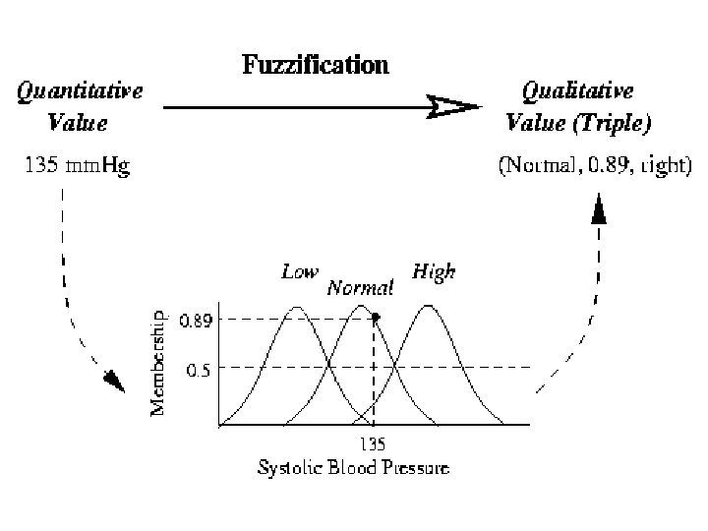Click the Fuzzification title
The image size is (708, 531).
[x=315, y=66]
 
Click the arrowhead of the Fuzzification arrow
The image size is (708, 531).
[x=455, y=106]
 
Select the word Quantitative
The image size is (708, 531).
[x=81, y=90]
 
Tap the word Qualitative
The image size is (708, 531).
[x=578, y=90]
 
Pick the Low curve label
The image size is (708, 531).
[x=300, y=271]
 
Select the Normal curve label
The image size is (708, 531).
[x=360, y=288]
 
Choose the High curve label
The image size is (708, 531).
[x=434, y=270]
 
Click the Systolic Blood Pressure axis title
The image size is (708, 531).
[x=353, y=467]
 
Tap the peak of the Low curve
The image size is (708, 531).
[x=297, y=307]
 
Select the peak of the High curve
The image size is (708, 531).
[x=429, y=307]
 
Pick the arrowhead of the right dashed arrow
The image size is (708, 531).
[x=598, y=207]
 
